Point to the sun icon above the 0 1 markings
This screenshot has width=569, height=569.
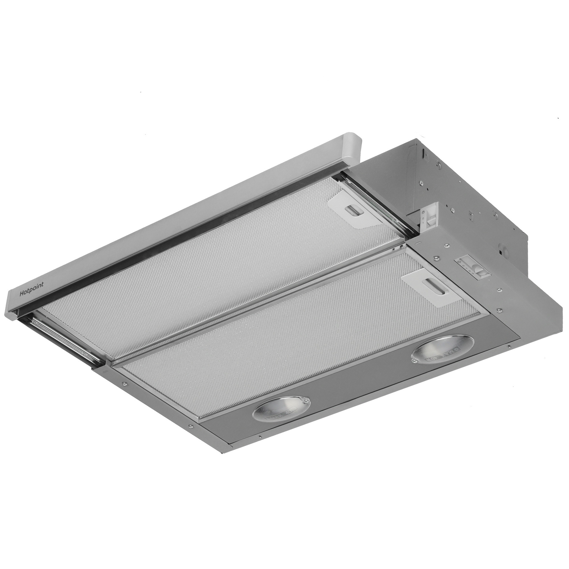(423, 213)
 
